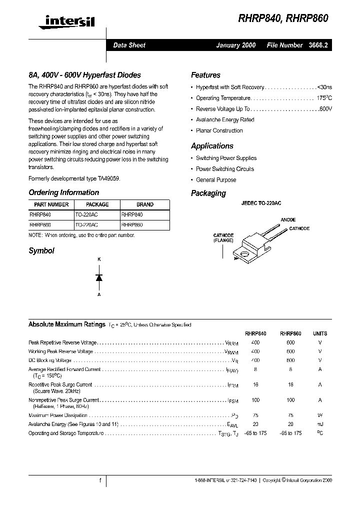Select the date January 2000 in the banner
point(235,45)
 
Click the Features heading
point(205,75)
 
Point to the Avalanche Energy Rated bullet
point(225,120)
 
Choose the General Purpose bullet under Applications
point(216,180)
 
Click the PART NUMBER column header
point(51,204)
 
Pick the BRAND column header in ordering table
point(145,204)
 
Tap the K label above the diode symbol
point(99,260)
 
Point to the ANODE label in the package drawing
point(288,220)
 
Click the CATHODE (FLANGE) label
point(223,238)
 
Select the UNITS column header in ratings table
point(319,333)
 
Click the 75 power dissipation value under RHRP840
point(255,415)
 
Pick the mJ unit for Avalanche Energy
point(319,424)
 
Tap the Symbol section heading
point(41,251)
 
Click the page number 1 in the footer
point(100,480)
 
